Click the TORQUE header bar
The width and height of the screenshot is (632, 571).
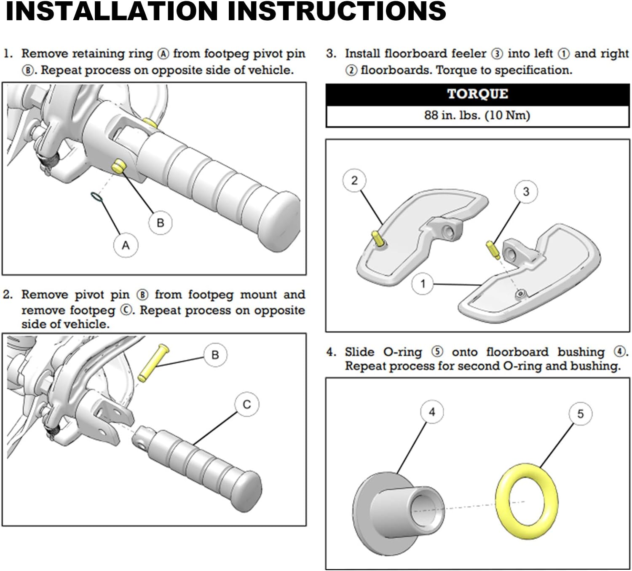(x=477, y=94)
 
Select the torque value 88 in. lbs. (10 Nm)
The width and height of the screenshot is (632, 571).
(x=477, y=115)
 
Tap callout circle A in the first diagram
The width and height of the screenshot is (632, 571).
(x=126, y=245)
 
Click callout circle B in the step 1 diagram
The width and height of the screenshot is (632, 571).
(x=161, y=223)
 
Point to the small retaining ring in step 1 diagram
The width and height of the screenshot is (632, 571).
(x=96, y=197)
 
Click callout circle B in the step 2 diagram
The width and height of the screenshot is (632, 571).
(x=215, y=355)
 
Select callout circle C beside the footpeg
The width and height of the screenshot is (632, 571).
(x=247, y=405)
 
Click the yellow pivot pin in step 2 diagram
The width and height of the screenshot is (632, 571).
(x=153, y=363)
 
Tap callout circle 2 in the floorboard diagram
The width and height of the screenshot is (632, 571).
(x=354, y=180)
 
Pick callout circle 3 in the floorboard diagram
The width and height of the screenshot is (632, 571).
(x=526, y=192)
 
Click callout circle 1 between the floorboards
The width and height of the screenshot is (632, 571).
(x=423, y=284)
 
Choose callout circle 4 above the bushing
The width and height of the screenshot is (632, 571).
(x=432, y=412)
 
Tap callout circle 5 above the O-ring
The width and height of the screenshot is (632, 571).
(x=580, y=414)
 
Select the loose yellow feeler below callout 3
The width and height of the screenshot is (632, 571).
(x=492, y=250)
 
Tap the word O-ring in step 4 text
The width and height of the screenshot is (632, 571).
(x=402, y=352)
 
